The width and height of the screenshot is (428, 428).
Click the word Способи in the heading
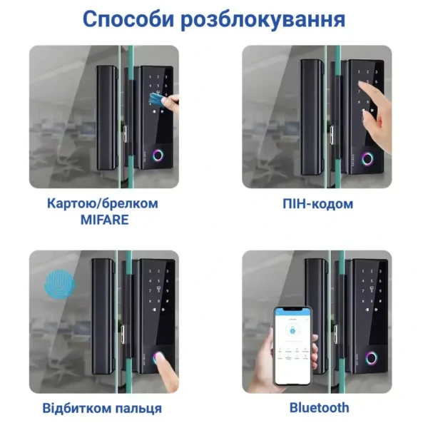131,19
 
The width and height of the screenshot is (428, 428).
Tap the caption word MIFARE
104,220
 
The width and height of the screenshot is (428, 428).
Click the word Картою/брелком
104,203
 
